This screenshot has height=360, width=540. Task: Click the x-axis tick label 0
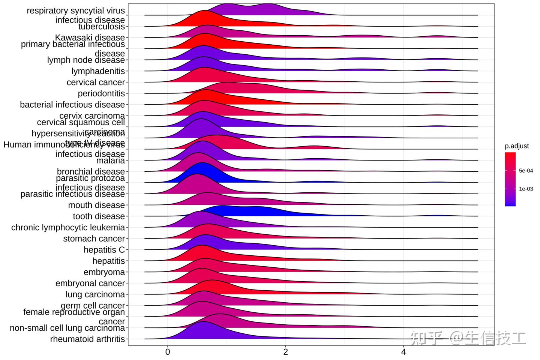pyautogui.click(x=168, y=352)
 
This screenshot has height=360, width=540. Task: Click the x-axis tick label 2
pyautogui.click(x=286, y=352)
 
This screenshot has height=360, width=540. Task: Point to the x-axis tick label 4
pyautogui.click(x=403, y=352)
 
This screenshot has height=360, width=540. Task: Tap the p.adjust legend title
pyautogui.click(x=517, y=146)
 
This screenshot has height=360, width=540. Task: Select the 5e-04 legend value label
pyautogui.click(x=526, y=171)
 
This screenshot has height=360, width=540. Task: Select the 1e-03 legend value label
pyautogui.click(x=526, y=189)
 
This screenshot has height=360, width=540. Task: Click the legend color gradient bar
pyautogui.click(x=510, y=179)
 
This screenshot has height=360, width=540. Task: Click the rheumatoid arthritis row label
pyautogui.click(x=87, y=339)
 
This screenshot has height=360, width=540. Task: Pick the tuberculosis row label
pyautogui.click(x=101, y=27)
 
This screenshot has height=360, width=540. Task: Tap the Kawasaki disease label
pyautogui.click(x=90, y=37)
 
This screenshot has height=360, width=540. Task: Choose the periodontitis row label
pyautogui.click(x=101, y=93)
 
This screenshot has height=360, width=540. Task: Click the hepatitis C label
pyautogui.click(x=104, y=250)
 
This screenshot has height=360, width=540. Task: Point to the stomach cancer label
pyautogui.click(x=94, y=238)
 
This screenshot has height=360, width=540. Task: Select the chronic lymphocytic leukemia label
pyautogui.click(x=68, y=228)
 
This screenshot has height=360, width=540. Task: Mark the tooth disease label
pyautogui.click(x=99, y=216)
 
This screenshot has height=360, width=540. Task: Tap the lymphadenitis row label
pyautogui.click(x=98, y=71)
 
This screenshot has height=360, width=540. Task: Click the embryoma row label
pyautogui.click(x=104, y=272)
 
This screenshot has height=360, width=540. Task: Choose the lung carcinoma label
pyautogui.click(x=95, y=294)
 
